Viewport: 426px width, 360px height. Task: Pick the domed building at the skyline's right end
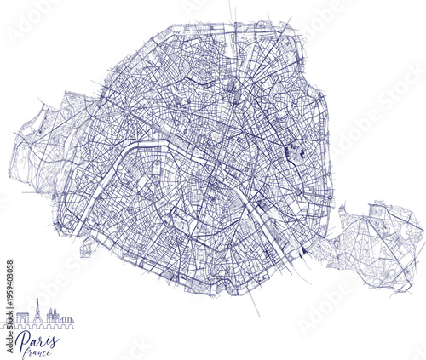pyautogui.click(x=66, y=320)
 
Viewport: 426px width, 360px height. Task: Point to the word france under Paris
pyautogui.click(x=39, y=353)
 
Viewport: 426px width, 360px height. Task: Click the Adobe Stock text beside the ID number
pyautogui.click(x=9, y=336)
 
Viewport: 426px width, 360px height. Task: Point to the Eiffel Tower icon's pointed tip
pyautogui.click(x=37, y=300)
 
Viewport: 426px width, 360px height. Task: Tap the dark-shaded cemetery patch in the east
pyautogui.click(x=298, y=153)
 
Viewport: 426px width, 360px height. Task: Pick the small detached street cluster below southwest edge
pyautogui.click(x=86, y=251)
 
